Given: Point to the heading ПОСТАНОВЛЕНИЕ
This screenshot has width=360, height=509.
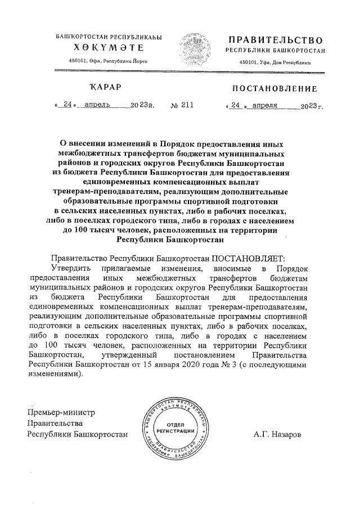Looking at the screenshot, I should click(274, 88).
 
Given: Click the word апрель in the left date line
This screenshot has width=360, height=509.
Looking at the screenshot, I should click(97, 105).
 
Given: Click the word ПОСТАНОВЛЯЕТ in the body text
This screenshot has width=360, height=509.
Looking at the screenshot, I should click(248, 258).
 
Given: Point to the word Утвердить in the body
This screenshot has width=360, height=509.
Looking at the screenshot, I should click(70, 268).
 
